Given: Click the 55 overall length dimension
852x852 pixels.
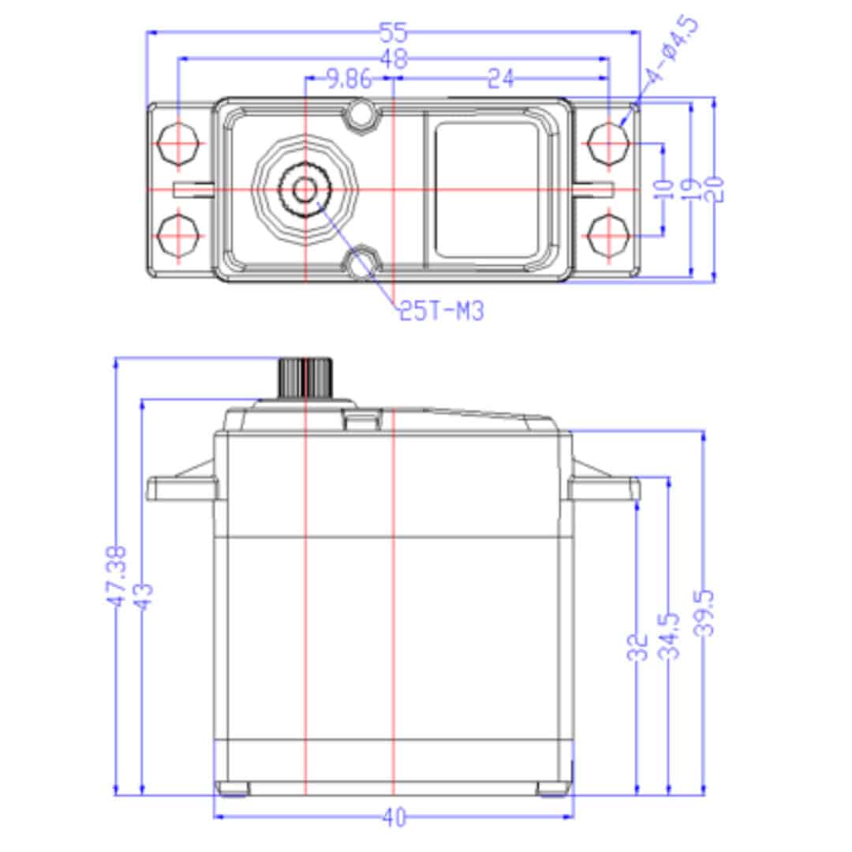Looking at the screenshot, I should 393,32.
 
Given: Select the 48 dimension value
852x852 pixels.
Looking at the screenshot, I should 393,58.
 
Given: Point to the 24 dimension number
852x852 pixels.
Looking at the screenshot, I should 500,79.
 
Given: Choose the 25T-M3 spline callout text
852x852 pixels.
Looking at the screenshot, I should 440,312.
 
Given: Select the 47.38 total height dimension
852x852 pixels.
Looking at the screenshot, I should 116,576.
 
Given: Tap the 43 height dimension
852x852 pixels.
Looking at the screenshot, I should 143,596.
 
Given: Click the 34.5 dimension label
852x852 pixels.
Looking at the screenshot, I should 670,636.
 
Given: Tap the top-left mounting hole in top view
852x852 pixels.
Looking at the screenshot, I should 177,144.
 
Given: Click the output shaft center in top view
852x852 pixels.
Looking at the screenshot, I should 305,189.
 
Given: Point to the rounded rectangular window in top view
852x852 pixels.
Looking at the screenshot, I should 488,189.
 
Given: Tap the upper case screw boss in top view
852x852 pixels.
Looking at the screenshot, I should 361,113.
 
